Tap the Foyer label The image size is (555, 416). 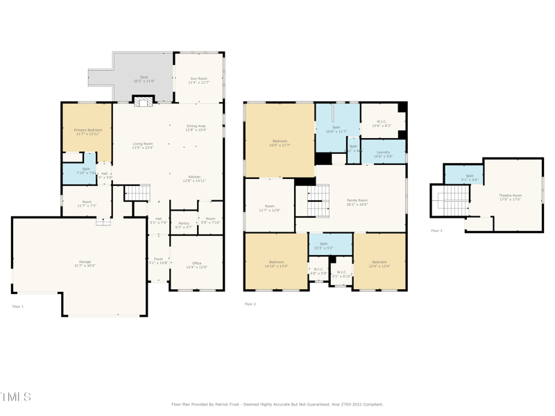(158, 261)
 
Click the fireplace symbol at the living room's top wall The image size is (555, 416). (144, 102)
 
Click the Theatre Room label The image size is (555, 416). (510, 197)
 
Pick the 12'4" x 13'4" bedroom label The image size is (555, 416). (379, 263)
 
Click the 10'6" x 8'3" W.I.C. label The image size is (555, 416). (382, 124)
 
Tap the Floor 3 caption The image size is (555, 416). (436, 230)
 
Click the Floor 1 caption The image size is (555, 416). (18, 306)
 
